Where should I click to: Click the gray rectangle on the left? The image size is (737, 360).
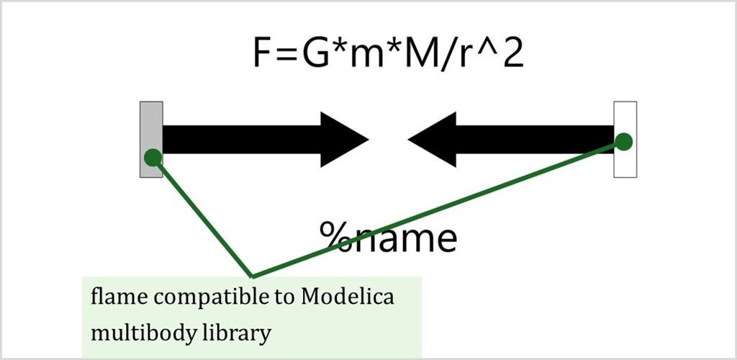(x=151, y=122)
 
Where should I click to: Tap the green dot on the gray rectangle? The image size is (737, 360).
(x=152, y=157)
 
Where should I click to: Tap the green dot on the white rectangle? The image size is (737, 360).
(x=624, y=141)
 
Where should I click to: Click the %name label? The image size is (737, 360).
(x=388, y=236)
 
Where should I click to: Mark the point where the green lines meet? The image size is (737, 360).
(x=251, y=276)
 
